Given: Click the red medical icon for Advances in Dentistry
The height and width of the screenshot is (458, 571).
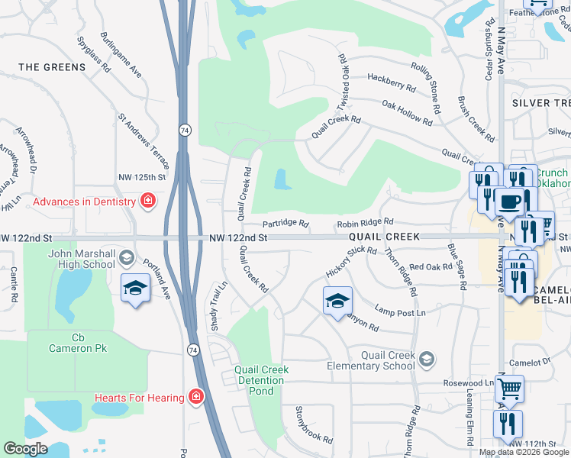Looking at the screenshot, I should pyautogui.click(x=148, y=202).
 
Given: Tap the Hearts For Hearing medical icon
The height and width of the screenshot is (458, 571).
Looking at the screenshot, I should pyautogui.click(x=196, y=397).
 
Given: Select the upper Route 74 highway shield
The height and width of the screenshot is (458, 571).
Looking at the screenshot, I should pyautogui.click(x=185, y=131).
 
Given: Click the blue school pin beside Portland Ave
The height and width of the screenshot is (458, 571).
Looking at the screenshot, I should pyautogui.click(x=135, y=287).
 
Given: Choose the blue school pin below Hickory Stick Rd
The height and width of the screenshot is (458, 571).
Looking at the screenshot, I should pyautogui.click(x=336, y=300).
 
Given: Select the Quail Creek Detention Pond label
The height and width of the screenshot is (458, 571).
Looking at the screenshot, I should pyautogui.click(x=262, y=380).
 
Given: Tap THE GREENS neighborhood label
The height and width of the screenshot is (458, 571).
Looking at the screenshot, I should pyautogui.click(x=52, y=67).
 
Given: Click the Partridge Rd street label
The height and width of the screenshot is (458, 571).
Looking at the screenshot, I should pyautogui.click(x=285, y=224).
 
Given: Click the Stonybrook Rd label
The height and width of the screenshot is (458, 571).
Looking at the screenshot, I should pyautogui.click(x=315, y=424).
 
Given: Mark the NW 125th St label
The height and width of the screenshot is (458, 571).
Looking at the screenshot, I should pyautogui.click(x=142, y=177).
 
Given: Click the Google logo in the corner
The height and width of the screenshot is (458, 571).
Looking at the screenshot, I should pyautogui.click(x=25, y=449).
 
